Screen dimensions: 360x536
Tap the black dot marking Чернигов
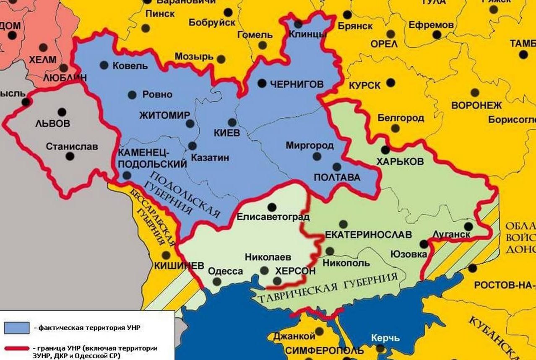[x=262, y=83]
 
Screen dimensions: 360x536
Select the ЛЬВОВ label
[x=52, y=124]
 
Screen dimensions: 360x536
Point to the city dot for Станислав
[x=70, y=156]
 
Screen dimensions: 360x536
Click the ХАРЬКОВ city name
[x=400, y=162]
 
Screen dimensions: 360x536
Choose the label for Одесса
[x=226, y=271]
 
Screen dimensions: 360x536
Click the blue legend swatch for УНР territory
[x=17, y=327]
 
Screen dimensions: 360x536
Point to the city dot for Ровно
[x=132, y=95]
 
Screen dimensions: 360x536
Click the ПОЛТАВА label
[x=337, y=178]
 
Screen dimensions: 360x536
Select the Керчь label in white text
[x=385, y=338]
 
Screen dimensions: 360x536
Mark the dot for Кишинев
[x=167, y=255]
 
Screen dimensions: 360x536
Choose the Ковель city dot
[x=104, y=65]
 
